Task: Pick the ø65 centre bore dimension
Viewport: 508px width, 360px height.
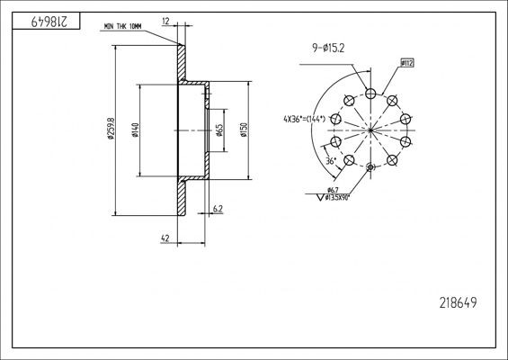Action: [220, 131]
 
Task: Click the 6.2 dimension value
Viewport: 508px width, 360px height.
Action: [218, 210]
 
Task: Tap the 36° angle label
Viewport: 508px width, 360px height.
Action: [331, 162]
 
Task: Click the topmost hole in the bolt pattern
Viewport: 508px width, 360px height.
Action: [370, 93]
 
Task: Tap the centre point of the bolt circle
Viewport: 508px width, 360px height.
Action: [370, 130]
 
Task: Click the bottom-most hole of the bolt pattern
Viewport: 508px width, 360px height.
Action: [370, 167]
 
